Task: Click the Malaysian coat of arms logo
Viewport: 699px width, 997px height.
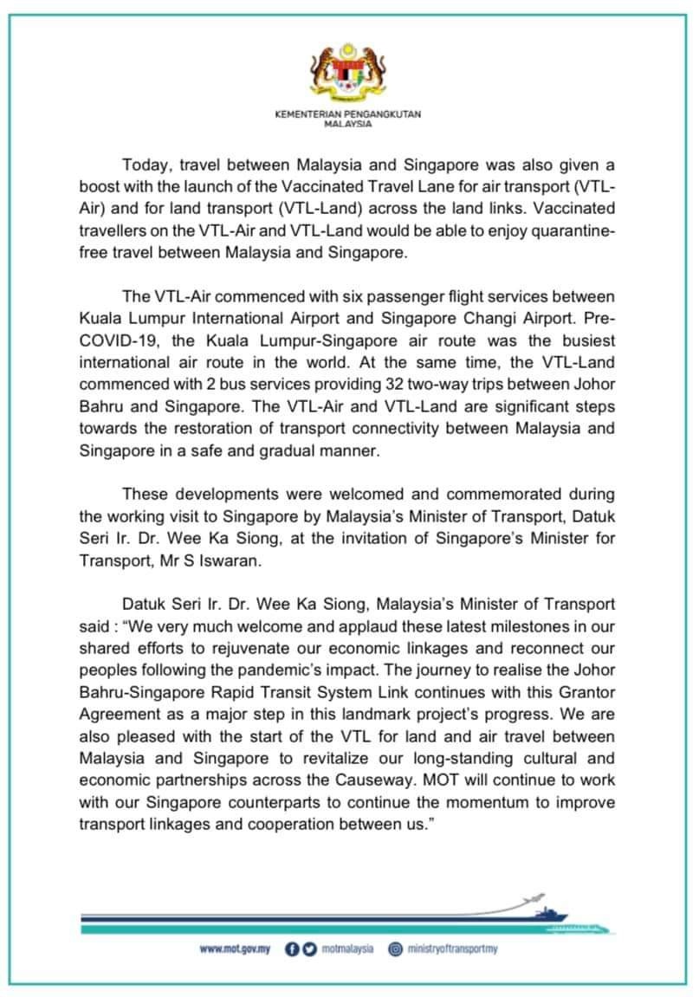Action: tap(348, 80)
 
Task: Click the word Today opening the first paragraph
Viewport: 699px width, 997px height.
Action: tap(144, 165)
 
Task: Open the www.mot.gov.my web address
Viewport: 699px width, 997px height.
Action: tap(235, 949)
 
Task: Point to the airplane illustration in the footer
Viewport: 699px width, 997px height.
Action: tap(535, 897)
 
